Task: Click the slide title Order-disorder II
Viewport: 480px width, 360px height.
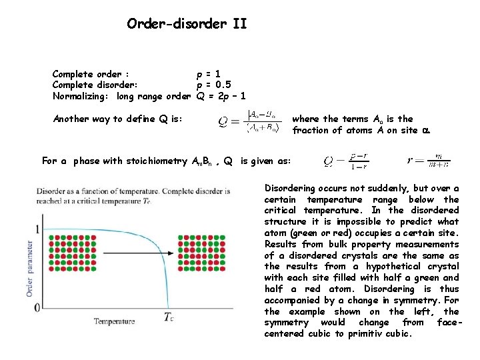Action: tap(187, 25)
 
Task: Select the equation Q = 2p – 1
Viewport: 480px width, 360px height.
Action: tap(222, 96)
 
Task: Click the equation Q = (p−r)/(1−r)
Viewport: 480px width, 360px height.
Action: tap(347, 161)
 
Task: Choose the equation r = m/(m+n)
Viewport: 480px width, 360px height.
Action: tap(429, 161)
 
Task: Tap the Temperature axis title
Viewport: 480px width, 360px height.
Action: tap(114, 321)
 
